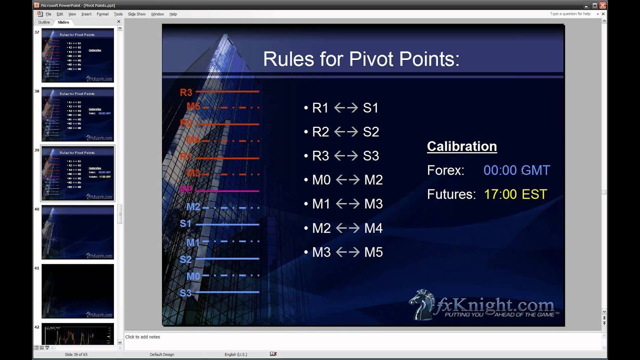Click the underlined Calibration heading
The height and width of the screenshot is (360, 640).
click(461, 146)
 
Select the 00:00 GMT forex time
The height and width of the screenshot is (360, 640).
click(516, 170)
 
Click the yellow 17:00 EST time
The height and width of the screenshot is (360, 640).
click(515, 194)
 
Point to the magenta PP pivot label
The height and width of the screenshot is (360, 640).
click(186, 190)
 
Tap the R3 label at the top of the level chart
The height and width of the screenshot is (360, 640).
click(186, 92)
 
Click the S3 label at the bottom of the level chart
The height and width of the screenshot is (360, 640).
click(185, 293)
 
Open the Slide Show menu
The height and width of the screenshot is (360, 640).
click(136, 14)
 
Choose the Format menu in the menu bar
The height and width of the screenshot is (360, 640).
click(102, 14)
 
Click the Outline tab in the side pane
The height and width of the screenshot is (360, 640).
click(44, 22)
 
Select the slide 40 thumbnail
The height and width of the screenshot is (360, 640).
click(77, 232)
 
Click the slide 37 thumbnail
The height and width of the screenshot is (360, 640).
click(77, 55)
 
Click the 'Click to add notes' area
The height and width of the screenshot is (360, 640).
click(142, 337)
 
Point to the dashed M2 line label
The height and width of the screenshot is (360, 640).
click(193, 207)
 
